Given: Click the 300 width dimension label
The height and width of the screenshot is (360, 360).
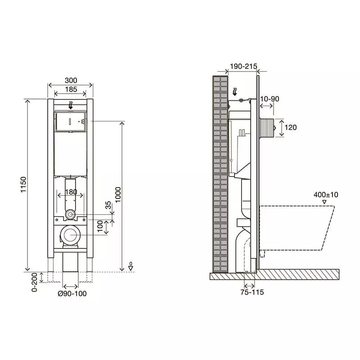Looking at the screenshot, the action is [71, 81].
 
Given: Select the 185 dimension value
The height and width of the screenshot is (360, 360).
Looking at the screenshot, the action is [71, 89].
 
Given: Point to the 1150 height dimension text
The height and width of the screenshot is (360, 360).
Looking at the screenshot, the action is [23, 184].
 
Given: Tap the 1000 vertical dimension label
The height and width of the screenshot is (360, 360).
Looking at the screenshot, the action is [118, 195].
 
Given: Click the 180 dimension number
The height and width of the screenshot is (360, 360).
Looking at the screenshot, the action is [71, 192].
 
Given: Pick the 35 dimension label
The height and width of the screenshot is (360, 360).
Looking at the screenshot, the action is [108, 205].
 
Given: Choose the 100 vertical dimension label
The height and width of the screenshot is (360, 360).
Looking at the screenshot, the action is [100, 226].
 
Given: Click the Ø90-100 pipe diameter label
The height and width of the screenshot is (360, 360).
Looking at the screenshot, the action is [72, 293].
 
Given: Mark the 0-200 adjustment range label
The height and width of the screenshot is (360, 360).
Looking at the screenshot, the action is [35, 282].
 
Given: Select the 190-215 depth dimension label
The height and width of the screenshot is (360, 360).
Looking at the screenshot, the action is [243, 66].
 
